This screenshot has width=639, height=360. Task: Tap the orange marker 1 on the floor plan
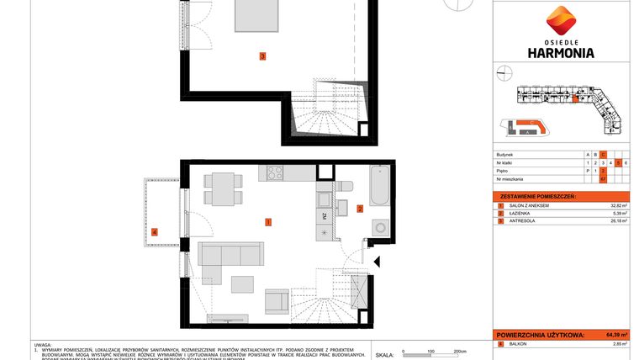[x=267, y=222]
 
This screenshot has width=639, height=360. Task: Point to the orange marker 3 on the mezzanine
[x=262, y=57]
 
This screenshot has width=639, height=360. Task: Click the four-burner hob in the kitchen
[x=277, y=174]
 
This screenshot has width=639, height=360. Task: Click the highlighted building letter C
[x=603, y=156]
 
